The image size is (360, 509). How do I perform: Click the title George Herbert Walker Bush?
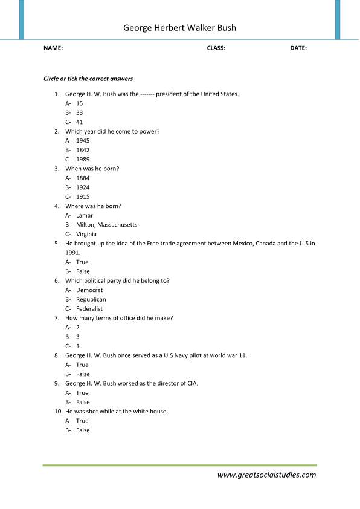(179, 28)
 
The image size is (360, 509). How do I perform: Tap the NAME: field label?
(53, 48)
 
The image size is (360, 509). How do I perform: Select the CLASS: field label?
(216, 48)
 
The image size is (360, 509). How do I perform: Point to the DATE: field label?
(298, 48)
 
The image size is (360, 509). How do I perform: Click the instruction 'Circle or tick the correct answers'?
(88, 79)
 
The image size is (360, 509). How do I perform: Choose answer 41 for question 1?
(80, 122)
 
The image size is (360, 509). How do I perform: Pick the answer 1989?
(83, 160)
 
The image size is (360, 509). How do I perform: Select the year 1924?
(83, 187)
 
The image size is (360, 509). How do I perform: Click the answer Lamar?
(85, 215)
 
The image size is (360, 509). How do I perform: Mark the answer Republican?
(91, 299)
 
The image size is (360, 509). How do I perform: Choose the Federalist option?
(89, 309)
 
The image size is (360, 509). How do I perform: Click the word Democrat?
(89, 290)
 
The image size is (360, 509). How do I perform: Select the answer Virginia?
(86, 234)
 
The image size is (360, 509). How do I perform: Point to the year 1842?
(83, 150)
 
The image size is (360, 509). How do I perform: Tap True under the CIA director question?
(82, 393)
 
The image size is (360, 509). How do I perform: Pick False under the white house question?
(83, 430)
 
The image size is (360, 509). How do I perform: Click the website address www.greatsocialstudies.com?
(266, 475)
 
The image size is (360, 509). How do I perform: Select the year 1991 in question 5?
(72, 253)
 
